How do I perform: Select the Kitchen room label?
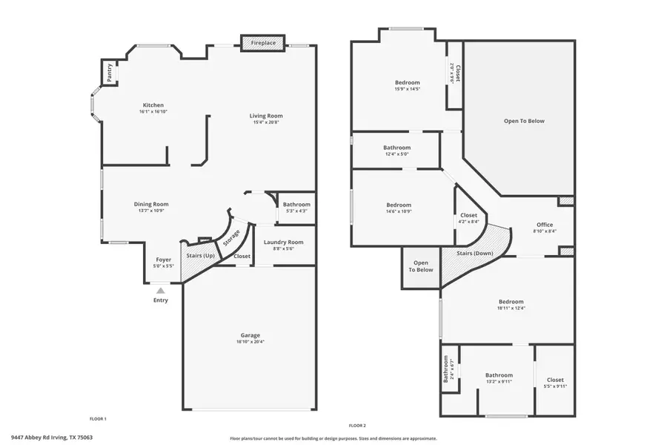tap(153, 105)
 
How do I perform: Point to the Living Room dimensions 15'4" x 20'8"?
tap(265, 122)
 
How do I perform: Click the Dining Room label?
tap(151, 204)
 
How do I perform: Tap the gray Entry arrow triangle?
tap(161, 291)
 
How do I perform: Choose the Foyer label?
tap(163, 260)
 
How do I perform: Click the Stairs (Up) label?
tap(199, 256)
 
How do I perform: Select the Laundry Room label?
tap(284, 242)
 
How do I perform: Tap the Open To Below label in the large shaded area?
tap(524, 121)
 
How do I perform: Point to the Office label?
tap(545, 225)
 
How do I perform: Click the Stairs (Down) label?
tap(475, 253)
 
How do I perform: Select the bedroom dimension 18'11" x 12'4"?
tap(511, 309)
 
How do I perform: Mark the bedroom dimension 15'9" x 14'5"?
tap(407, 89)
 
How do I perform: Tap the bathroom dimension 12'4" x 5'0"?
tap(396, 154)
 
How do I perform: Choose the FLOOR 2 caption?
tap(357, 426)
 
